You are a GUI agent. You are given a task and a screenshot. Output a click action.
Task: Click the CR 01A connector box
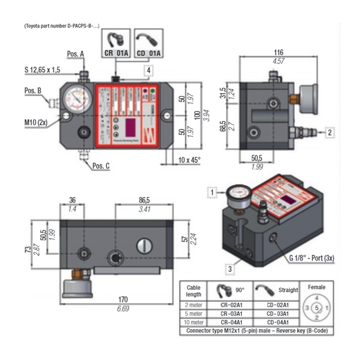(117, 44)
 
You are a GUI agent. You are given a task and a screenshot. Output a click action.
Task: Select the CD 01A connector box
(148, 44)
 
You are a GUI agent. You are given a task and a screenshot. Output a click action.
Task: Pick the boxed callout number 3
(230, 269)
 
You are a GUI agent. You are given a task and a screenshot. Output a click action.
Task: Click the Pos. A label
(75, 54)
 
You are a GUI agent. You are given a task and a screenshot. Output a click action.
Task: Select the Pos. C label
(101, 166)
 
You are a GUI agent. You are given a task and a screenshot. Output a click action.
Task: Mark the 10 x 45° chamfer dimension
(189, 160)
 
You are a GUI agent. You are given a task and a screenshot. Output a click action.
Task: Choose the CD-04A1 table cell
(277, 322)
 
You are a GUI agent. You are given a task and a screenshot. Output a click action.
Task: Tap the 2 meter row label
(193, 305)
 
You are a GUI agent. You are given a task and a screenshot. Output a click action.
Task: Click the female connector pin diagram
(317, 308)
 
